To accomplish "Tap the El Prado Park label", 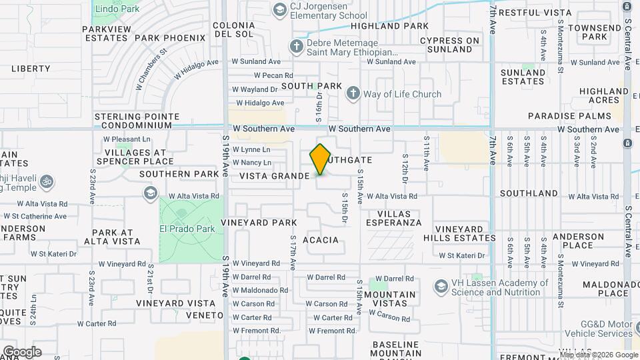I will coord(187,229).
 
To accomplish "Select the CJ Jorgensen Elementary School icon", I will coord(279,9).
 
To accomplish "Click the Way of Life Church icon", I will coord(353,94).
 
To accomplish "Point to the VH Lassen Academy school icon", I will coord(441,287).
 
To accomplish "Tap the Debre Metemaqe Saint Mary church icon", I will coord(297,47).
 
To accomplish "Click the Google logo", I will coord(22,352).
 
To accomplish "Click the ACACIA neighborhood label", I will coord(321,240).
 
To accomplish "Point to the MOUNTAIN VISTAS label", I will coord(389,299).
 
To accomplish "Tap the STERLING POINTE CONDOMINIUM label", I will coord(137,121).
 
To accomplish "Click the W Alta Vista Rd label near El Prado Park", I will coord(194,196).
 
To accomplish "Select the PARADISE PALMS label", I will coord(569,116).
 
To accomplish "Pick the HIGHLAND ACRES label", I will coord(603,95).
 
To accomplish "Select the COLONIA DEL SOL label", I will coord(234,30).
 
